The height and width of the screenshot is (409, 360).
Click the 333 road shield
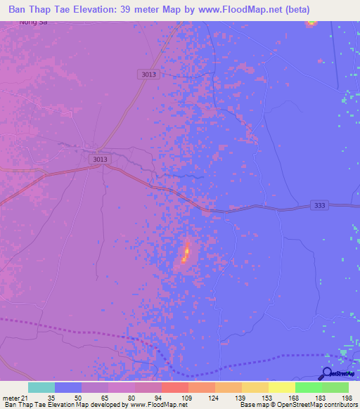point(320,204)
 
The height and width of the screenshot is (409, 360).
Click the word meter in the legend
point(11,397)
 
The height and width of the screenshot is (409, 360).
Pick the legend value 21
point(25,397)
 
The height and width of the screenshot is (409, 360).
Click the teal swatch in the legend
point(41,387)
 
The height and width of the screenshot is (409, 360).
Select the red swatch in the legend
point(175,387)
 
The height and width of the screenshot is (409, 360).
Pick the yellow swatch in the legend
point(282,387)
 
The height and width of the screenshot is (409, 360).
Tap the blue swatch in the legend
point(68,387)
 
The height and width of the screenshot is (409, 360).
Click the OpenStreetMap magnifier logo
point(327,374)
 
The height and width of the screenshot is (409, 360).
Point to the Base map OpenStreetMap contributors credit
point(298,405)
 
